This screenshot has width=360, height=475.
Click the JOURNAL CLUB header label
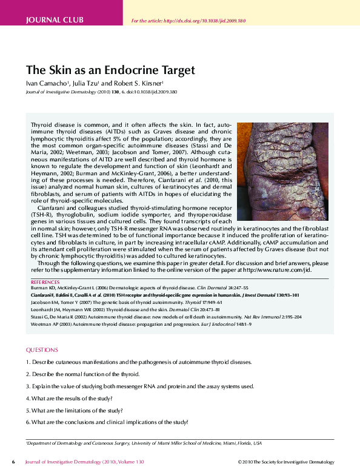(x=55, y=21)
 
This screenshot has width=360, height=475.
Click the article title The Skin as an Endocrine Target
(x=110, y=70)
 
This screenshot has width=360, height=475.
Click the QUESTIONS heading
(x=42, y=350)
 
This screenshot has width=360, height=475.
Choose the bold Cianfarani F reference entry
(x=164, y=295)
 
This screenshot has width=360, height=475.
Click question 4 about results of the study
(x=69, y=398)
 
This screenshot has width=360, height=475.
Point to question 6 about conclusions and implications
(x=107, y=422)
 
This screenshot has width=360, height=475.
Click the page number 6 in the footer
(x=14, y=462)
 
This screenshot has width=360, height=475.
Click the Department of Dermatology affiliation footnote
(x=144, y=443)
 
